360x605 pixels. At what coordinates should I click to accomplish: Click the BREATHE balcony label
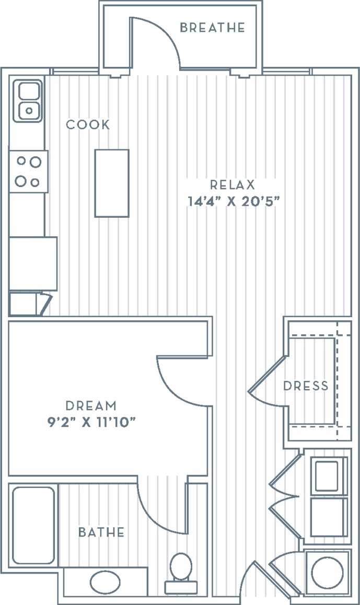coord(212,28)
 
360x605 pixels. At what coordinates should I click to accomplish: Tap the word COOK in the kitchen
coord(88,125)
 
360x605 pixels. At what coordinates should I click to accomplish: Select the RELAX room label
coord(232,184)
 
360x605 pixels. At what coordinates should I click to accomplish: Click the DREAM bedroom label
coord(91,405)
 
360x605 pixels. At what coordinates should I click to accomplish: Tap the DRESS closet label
coord(306,386)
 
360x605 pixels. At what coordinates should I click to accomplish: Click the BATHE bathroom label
coord(101,532)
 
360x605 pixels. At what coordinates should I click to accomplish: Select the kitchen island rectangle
coord(111,183)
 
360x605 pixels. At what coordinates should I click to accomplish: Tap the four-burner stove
coord(28,171)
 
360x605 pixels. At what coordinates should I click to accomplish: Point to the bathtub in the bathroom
coord(33,525)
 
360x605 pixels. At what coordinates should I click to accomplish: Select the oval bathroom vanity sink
coord(104,581)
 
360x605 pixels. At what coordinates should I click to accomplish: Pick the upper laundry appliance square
coord(327,475)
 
